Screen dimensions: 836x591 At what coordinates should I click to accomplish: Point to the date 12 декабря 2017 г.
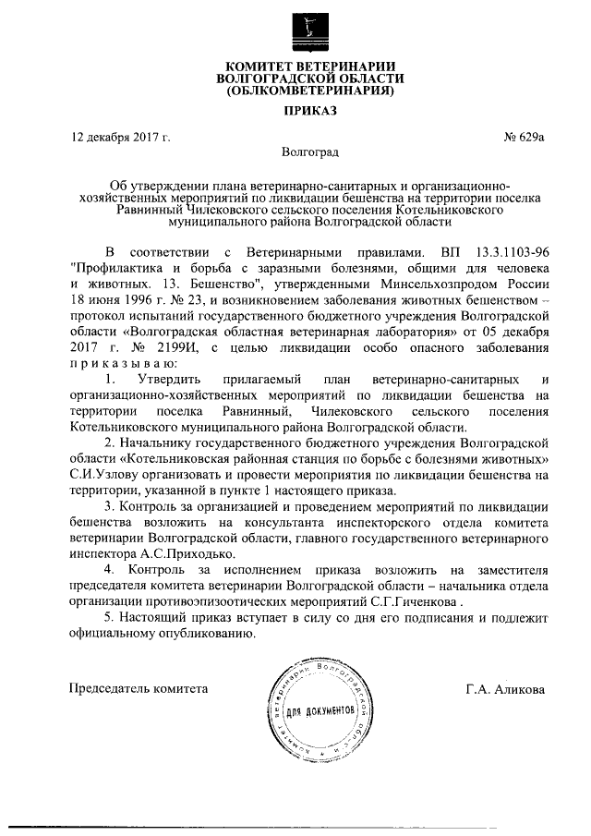tap(121, 138)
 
